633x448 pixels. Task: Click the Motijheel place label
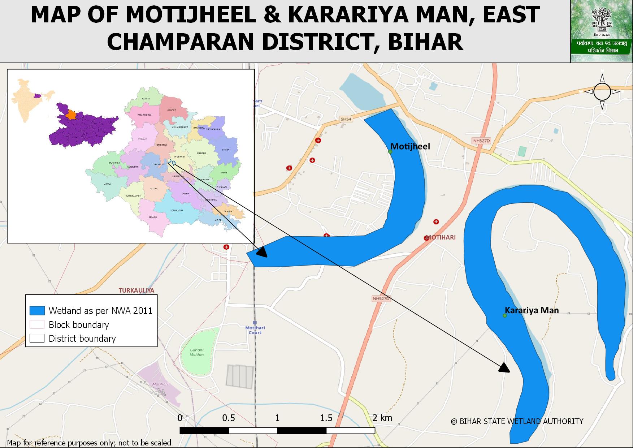[410, 146]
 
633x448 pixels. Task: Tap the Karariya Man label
[532, 310]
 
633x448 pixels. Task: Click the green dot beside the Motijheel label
[390, 151]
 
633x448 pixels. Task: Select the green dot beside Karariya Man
[505, 316]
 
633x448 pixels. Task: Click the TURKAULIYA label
[136, 290]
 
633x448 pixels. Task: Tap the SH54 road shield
[346, 119]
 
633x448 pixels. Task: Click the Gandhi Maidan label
[197, 352]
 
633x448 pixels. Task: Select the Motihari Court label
[255, 330]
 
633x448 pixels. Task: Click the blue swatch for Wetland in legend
[37, 310]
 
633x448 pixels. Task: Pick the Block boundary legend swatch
[37, 324]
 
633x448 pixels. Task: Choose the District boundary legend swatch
[37, 338]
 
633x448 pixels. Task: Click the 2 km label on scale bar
[382, 418]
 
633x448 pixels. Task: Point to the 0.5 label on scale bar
[229, 418]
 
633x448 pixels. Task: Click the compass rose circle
[602, 92]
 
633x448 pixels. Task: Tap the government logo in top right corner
[601, 31]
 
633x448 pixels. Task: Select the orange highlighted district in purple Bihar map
[71, 115]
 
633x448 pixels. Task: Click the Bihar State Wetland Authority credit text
[517, 421]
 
